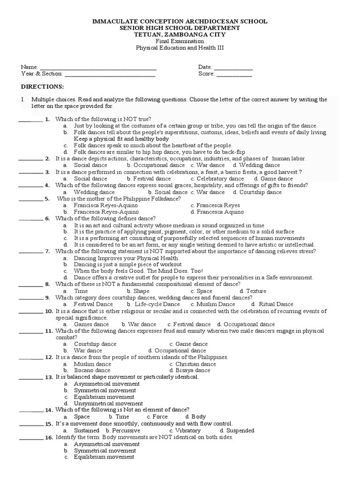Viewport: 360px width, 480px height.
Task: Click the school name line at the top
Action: pyautogui.click(x=180, y=21)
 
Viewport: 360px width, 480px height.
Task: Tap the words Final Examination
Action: pyautogui.click(x=180, y=41)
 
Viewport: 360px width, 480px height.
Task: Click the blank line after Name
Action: pyautogui.click(x=98, y=68)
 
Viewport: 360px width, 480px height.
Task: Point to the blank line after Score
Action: pyautogui.click(x=234, y=75)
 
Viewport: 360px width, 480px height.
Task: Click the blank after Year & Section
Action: pyautogui.click(x=110, y=75)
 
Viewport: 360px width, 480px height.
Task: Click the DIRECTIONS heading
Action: pyautogui.click(x=42, y=87)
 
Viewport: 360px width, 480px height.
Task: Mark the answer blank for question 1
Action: pyautogui.click(x=30, y=120)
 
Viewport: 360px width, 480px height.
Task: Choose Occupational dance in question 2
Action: pyautogui.click(x=159, y=165)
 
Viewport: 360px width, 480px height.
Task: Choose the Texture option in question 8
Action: pyautogui.click(x=256, y=291)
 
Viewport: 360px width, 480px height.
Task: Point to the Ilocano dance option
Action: pyautogui.click(x=92, y=370)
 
